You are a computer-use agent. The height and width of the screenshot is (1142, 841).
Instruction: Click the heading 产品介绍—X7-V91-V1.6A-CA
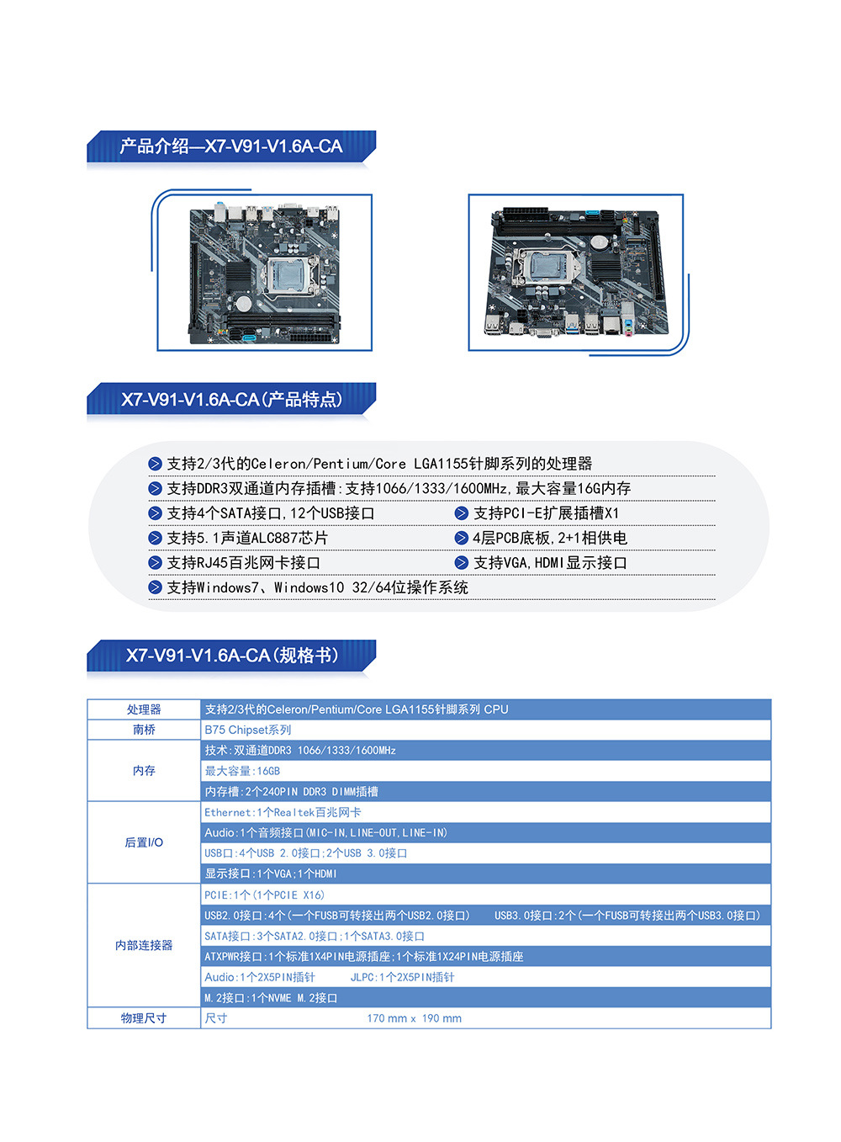point(230,146)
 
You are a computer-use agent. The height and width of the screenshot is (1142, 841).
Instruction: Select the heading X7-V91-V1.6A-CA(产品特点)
point(231,400)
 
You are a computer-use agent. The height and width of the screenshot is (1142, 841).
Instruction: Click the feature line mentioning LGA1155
point(379,464)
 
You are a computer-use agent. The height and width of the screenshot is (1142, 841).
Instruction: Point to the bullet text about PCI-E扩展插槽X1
point(546,513)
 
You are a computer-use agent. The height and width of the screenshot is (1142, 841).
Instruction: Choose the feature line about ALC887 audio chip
point(247,538)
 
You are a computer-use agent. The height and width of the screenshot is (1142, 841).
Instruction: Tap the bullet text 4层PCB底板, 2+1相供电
point(549,538)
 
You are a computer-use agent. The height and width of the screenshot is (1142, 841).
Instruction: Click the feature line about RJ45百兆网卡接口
point(243,563)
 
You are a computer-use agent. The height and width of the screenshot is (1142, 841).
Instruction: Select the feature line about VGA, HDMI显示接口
point(550,563)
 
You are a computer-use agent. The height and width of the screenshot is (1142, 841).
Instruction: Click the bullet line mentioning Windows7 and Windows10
point(317,587)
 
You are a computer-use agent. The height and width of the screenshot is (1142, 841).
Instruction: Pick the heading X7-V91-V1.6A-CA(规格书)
point(231,656)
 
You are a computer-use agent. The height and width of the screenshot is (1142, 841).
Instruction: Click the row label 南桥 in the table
point(144,730)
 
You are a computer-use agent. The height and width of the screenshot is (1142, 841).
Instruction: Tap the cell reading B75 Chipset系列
point(248,730)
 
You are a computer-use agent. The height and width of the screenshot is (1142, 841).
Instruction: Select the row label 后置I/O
point(144,842)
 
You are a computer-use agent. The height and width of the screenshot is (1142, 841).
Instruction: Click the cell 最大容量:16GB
point(242,771)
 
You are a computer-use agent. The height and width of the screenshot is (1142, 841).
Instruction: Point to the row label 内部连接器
point(144,945)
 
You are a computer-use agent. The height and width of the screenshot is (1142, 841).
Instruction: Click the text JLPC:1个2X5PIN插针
point(402,977)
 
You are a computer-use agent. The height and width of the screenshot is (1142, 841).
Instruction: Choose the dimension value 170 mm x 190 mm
point(414,1018)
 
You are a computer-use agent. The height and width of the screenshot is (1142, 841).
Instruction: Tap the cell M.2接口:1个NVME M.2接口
point(271,998)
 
